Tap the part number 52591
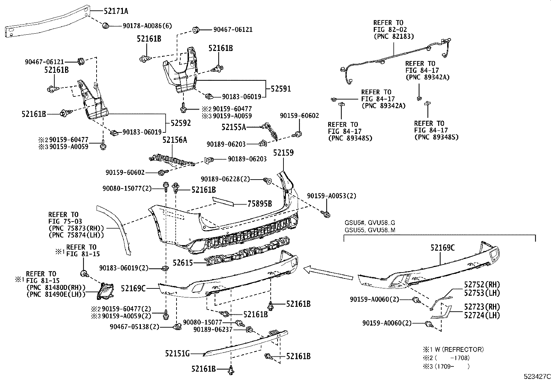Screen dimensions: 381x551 point(281,89)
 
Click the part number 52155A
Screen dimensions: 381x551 point(234,127)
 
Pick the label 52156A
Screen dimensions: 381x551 point(175,140)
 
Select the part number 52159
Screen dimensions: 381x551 point(283,153)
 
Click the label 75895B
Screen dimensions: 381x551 point(260,204)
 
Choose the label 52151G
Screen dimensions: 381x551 point(177,354)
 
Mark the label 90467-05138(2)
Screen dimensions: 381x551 point(135,327)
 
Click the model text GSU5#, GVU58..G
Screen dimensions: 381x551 point(369,223)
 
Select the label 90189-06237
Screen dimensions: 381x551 point(213,329)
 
